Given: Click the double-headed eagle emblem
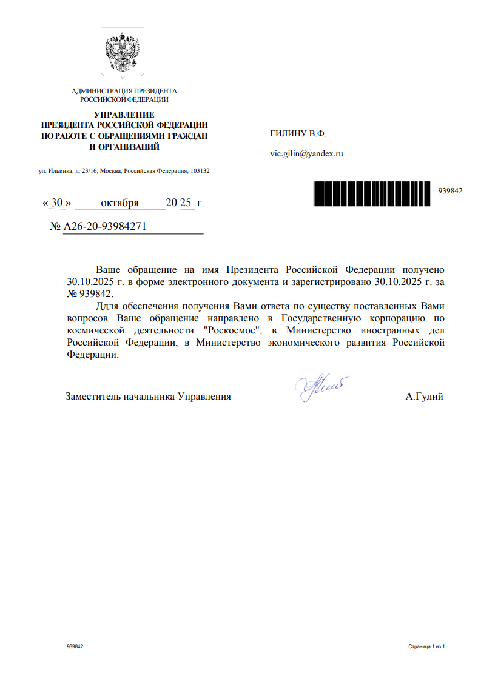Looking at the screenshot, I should [x=123, y=53].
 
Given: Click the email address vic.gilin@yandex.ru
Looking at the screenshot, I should [x=306, y=153].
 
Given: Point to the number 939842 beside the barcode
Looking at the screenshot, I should [x=450, y=190].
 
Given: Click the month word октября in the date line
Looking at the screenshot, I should [x=119, y=202].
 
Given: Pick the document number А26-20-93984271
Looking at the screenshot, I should [x=105, y=227].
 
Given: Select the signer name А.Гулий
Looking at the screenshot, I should [x=425, y=397].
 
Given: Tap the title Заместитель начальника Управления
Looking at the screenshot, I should [x=148, y=397].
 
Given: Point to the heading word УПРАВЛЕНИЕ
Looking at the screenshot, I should [x=124, y=115].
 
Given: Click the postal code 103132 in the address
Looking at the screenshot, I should [x=200, y=171].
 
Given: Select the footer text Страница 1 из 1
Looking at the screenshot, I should [x=426, y=647].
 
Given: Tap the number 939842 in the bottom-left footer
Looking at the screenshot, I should [x=75, y=647].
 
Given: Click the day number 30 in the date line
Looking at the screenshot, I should [x=57, y=202].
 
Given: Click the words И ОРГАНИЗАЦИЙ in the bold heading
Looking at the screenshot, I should [x=124, y=147].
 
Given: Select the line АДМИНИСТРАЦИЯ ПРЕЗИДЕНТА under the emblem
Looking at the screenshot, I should [x=124, y=91].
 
